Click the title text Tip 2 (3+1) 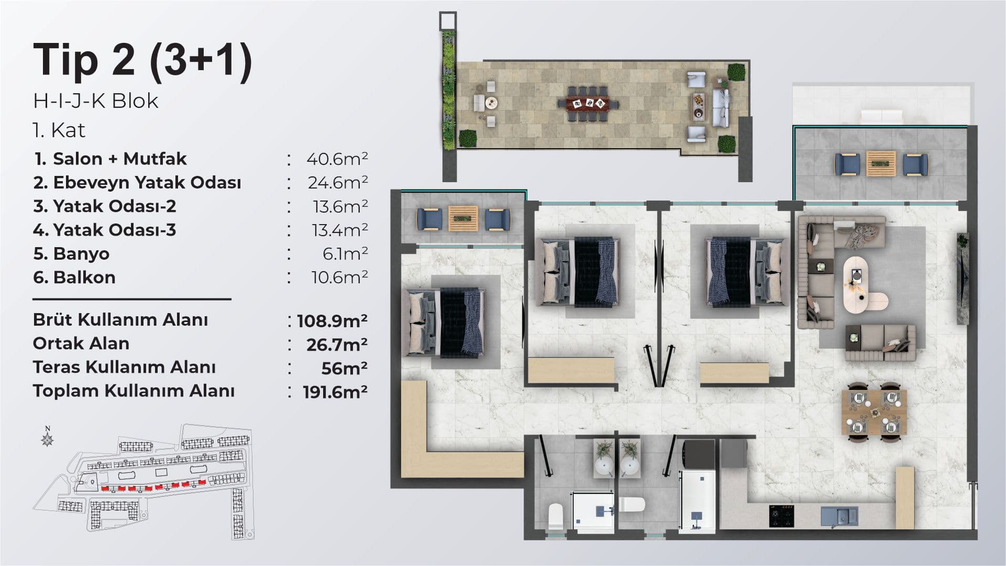tap(142, 61)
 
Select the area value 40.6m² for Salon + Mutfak tap(337, 159)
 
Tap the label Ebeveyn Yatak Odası tap(147, 183)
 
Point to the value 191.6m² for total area tap(335, 392)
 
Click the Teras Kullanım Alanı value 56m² tap(345, 368)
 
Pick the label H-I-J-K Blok tap(96, 101)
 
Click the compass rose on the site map tap(48, 437)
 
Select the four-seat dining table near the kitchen tap(874, 412)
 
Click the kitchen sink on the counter tap(839, 516)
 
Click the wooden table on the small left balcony tap(463, 218)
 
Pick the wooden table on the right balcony tap(881, 163)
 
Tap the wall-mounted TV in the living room tap(963, 280)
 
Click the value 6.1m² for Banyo tap(345, 253)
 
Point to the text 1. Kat tap(59, 130)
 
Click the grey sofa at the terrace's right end tap(721, 108)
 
